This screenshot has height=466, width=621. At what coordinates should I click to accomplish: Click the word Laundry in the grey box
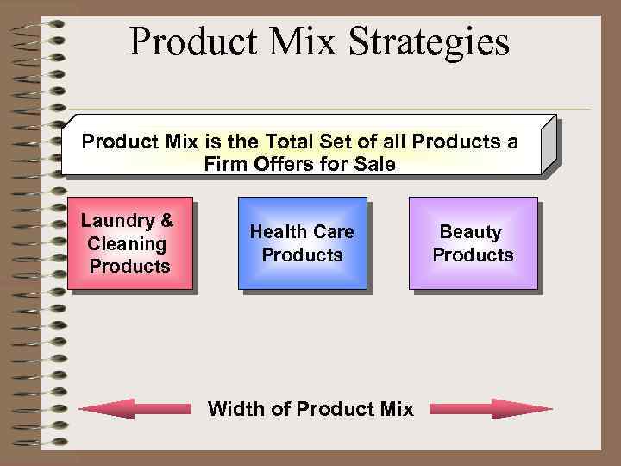(116, 220)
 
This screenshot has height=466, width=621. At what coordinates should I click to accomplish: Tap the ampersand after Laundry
(166, 220)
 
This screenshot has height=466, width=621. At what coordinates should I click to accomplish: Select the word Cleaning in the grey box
(127, 243)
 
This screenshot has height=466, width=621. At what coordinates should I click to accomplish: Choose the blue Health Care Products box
(302, 242)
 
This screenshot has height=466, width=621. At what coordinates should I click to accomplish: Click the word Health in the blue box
(275, 231)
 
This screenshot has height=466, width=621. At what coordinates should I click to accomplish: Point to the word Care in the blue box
(333, 231)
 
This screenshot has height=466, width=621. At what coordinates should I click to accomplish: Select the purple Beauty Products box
(473, 242)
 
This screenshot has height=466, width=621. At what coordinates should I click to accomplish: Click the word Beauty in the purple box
(470, 231)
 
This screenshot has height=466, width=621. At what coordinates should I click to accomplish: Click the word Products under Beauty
(473, 255)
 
